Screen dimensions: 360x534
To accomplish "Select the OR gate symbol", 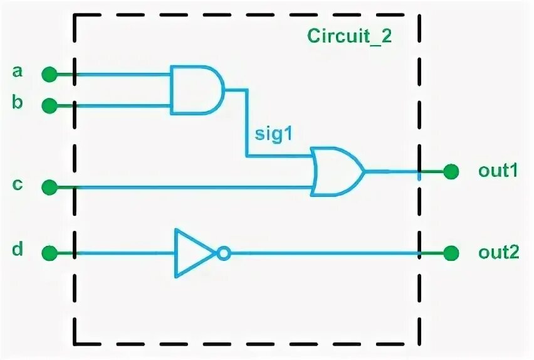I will coord(337,171).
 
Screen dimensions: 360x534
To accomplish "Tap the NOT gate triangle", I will coord(193,253).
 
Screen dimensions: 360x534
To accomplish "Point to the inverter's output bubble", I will coord(224,253).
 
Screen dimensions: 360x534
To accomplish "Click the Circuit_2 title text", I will coord(349,35).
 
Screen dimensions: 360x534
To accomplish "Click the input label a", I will coord(18,71).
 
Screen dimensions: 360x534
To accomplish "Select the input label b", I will coord(18,102).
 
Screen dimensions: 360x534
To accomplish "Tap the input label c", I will coord(18,184).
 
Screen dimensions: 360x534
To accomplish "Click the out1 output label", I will coord(498,171).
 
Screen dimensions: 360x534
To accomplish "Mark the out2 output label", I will coord(499,253).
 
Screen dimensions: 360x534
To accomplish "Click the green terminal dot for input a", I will coord(49,75).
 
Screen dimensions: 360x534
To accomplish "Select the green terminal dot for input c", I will coord(49,187).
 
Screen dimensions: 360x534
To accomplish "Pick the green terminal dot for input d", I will coord(49,253).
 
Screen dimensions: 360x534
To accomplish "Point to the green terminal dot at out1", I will coord(450,171).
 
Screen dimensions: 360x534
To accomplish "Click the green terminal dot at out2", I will coord(450,253).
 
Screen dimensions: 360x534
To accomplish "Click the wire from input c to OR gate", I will coord(188,187).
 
